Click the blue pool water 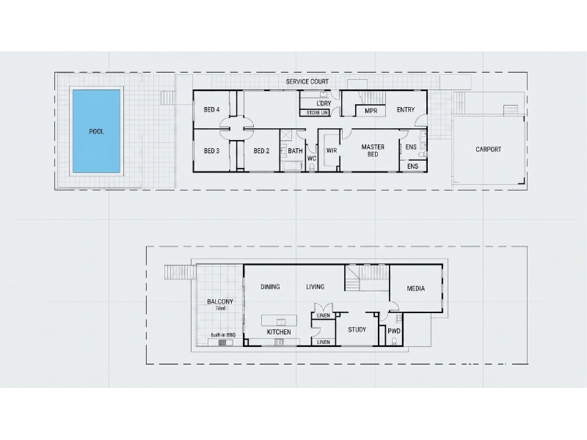(96, 131)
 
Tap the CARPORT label (488, 150)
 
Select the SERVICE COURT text (307, 81)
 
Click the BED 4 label (211, 109)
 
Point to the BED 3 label (211, 151)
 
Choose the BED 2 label (261, 151)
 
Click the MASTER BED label (373, 150)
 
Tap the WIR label (332, 150)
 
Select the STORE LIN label (317, 113)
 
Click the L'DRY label (324, 103)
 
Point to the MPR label (371, 111)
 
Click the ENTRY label (406, 109)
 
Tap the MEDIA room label (415, 288)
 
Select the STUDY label (357, 329)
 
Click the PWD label (394, 331)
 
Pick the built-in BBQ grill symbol (223, 342)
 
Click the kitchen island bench (280, 320)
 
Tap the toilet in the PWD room (394, 341)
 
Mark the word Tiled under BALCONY (220, 308)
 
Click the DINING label (270, 287)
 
